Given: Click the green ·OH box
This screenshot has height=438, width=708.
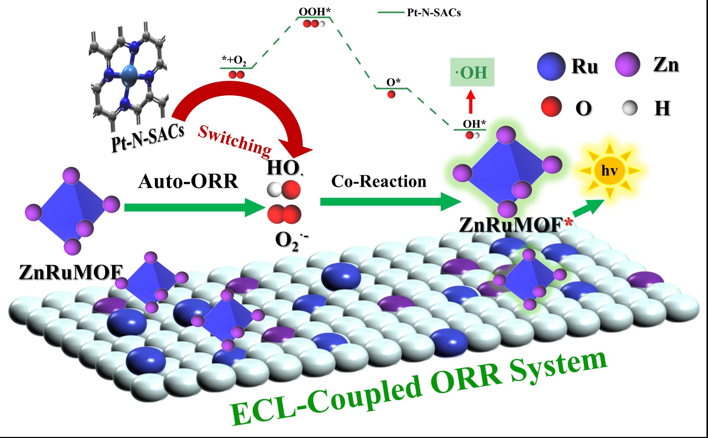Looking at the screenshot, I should click(x=472, y=72).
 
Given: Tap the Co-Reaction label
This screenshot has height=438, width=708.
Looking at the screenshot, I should click(x=379, y=182).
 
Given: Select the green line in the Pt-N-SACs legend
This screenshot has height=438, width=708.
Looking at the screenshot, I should click(x=390, y=13).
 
